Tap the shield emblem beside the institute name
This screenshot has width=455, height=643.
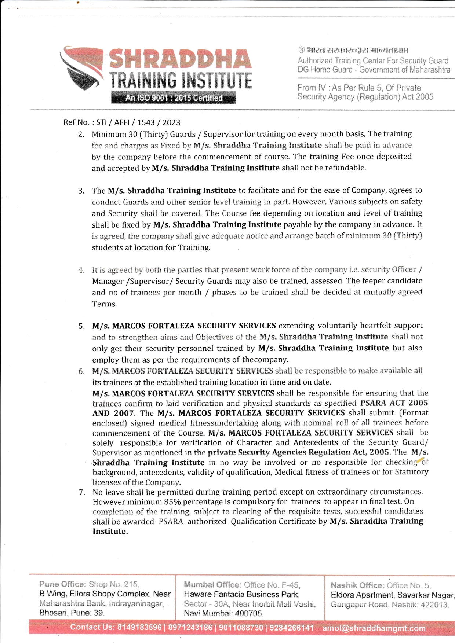coord(81,68)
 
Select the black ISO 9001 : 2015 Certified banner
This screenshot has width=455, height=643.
coord(174,98)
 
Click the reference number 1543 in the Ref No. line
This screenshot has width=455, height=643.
coord(146,122)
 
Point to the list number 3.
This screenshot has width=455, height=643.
coord(81,191)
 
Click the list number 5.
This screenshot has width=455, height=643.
coord(81,326)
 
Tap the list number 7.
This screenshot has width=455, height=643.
coord(82,492)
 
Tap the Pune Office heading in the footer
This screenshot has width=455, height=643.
coord(63,584)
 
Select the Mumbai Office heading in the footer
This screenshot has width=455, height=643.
coord(212,585)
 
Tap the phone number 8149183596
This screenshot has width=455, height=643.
coord(139,627)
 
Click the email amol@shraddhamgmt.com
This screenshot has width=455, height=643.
coord(374,628)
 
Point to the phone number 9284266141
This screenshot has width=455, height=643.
coord(292,628)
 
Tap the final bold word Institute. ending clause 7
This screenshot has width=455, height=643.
coord(110,532)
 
